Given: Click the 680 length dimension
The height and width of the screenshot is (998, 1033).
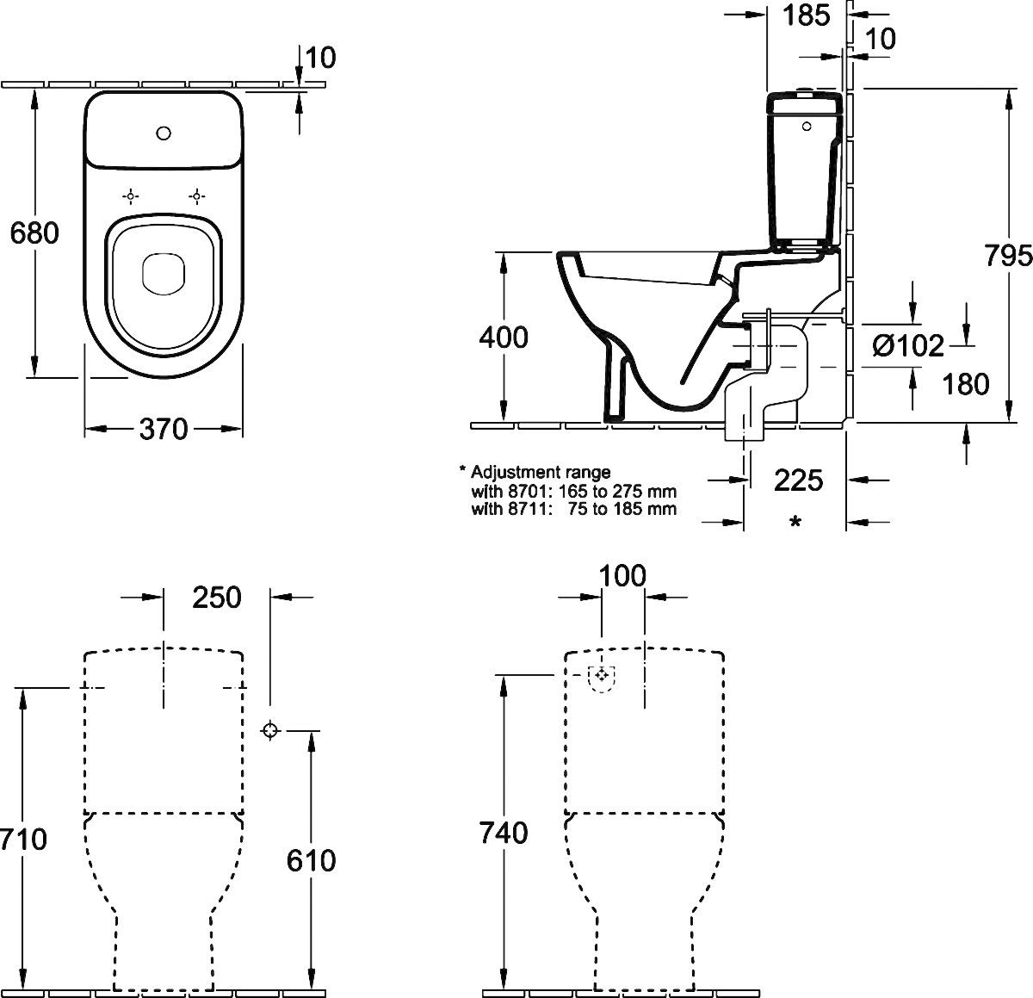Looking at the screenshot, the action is click(x=34, y=232).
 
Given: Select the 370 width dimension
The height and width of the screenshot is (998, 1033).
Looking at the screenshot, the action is click(x=164, y=429).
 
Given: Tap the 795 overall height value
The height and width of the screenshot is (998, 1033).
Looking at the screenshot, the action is click(x=1008, y=256).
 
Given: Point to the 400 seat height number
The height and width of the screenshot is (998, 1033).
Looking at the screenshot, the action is click(x=504, y=337).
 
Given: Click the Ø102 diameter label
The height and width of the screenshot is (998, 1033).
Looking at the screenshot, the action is click(x=908, y=346).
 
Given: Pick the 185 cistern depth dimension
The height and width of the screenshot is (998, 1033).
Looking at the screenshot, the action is click(x=806, y=15).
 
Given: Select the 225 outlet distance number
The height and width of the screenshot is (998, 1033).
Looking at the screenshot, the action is click(x=798, y=480).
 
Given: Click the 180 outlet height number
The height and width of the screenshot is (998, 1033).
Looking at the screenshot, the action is click(x=966, y=384).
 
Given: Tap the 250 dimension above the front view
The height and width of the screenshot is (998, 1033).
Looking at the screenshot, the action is click(x=217, y=598).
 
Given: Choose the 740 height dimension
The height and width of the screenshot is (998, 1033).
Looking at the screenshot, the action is click(x=504, y=833).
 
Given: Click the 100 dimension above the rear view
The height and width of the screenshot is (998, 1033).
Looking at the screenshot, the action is click(x=622, y=575).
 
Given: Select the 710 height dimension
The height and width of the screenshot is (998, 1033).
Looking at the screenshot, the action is click(x=23, y=840).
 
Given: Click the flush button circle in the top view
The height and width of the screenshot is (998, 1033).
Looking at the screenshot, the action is click(x=164, y=133).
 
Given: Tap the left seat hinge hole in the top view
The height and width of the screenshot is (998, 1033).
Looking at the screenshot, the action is click(x=130, y=197).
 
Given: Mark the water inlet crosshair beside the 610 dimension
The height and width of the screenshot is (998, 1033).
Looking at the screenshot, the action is click(x=270, y=730).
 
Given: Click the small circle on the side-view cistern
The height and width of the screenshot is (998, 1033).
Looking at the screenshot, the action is click(x=807, y=127).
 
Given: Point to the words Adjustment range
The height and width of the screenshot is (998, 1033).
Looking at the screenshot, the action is click(x=541, y=472).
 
